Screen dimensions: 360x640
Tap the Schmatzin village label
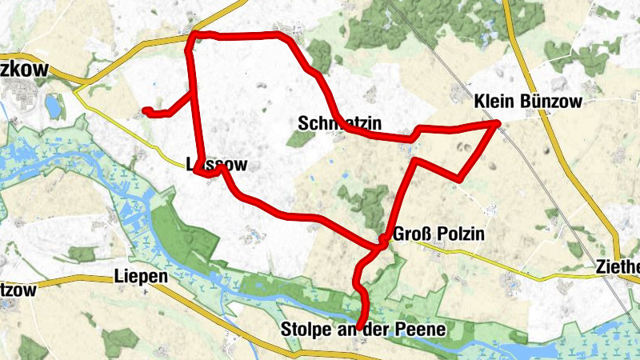(338, 123)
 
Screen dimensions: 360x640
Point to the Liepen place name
(141, 276)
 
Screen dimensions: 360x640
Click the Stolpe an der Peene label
(362, 329)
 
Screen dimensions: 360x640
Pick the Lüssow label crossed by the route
(211, 165)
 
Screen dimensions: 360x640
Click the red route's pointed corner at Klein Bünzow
(498, 122)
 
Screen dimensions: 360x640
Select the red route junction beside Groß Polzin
(383, 240)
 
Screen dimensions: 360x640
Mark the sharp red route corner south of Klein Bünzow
(458, 176)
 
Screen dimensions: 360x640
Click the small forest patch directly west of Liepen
(82, 254)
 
